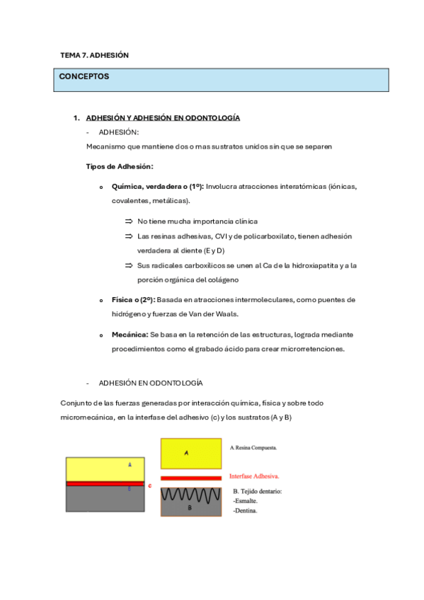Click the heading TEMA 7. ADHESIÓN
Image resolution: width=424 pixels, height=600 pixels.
(94, 54)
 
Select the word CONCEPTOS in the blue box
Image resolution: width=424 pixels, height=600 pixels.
(84, 76)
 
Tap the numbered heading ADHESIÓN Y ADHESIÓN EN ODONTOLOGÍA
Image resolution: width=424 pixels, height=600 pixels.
(163, 117)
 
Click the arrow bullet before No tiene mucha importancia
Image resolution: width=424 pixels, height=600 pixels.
(129, 221)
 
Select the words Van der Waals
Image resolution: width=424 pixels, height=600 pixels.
(220, 314)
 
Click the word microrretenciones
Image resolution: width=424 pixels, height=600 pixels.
(311, 349)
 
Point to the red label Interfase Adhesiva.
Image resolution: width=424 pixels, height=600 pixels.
(254, 476)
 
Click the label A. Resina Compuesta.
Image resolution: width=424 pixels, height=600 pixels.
(253, 447)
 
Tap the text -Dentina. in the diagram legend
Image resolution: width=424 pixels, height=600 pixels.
(245, 510)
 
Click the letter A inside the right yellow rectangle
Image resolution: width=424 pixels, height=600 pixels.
(186, 453)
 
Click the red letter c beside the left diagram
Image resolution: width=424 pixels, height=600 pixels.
(149, 485)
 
